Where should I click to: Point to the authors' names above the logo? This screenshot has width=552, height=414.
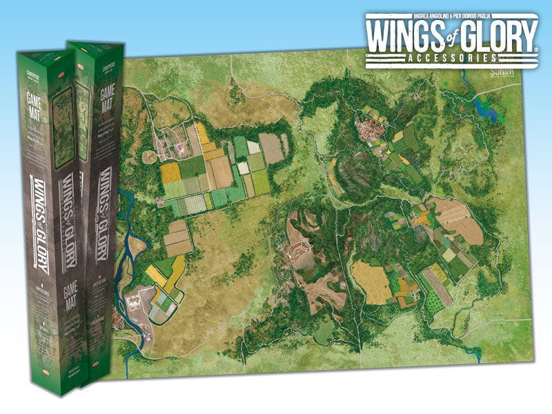coord(452,15)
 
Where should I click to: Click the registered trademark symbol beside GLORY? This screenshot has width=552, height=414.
coord(537,49)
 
